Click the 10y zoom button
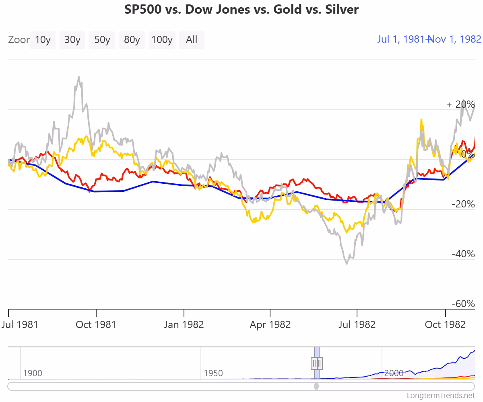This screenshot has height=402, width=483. [x=43, y=40]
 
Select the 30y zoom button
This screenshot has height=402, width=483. [x=72, y=40]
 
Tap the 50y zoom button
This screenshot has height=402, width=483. [x=102, y=40]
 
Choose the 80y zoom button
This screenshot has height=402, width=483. [x=132, y=40]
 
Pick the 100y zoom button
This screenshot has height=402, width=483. [x=162, y=40]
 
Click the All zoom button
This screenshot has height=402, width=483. [x=192, y=40]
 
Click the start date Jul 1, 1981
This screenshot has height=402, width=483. [x=401, y=39]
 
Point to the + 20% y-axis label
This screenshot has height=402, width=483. [x=460, y=105]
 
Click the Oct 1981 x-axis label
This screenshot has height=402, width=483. [x=96, y=324]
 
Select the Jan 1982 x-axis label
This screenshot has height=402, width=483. [x=184, y=324]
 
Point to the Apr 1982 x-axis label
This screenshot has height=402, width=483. [x=270, y=324]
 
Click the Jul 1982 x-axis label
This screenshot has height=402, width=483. [x=357, y=324]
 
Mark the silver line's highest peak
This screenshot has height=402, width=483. [x=79, y=77]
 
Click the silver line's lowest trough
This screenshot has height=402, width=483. [x=347, y=264]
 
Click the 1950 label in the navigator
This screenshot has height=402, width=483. [x=213, y=373]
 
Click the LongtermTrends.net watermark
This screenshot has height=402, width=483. [x=441, y=396]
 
